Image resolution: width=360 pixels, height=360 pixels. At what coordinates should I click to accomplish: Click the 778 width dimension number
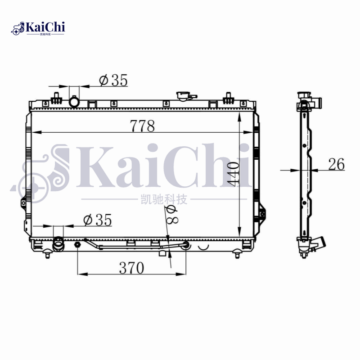(142, 126)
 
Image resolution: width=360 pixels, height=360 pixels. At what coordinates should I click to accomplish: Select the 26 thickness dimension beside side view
(336, 165)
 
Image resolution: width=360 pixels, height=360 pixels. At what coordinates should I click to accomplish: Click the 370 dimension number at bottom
(131, 268)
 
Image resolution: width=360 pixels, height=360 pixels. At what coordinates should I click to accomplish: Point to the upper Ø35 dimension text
(113, 80)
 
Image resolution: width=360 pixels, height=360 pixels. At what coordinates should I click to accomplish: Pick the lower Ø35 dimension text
(97, 220)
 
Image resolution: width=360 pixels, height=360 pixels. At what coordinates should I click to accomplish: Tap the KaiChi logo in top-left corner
(39, 28)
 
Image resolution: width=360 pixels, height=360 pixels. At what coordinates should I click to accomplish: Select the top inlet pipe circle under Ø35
(74, 102)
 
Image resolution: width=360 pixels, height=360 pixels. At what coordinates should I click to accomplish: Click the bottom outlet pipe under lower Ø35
(58, 245)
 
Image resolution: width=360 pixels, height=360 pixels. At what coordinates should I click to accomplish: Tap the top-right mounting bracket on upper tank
(228, 97)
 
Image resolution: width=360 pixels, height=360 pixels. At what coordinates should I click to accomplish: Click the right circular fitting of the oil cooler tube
(185, 245)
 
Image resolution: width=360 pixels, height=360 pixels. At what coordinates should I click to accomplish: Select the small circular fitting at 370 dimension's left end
(77, 245)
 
